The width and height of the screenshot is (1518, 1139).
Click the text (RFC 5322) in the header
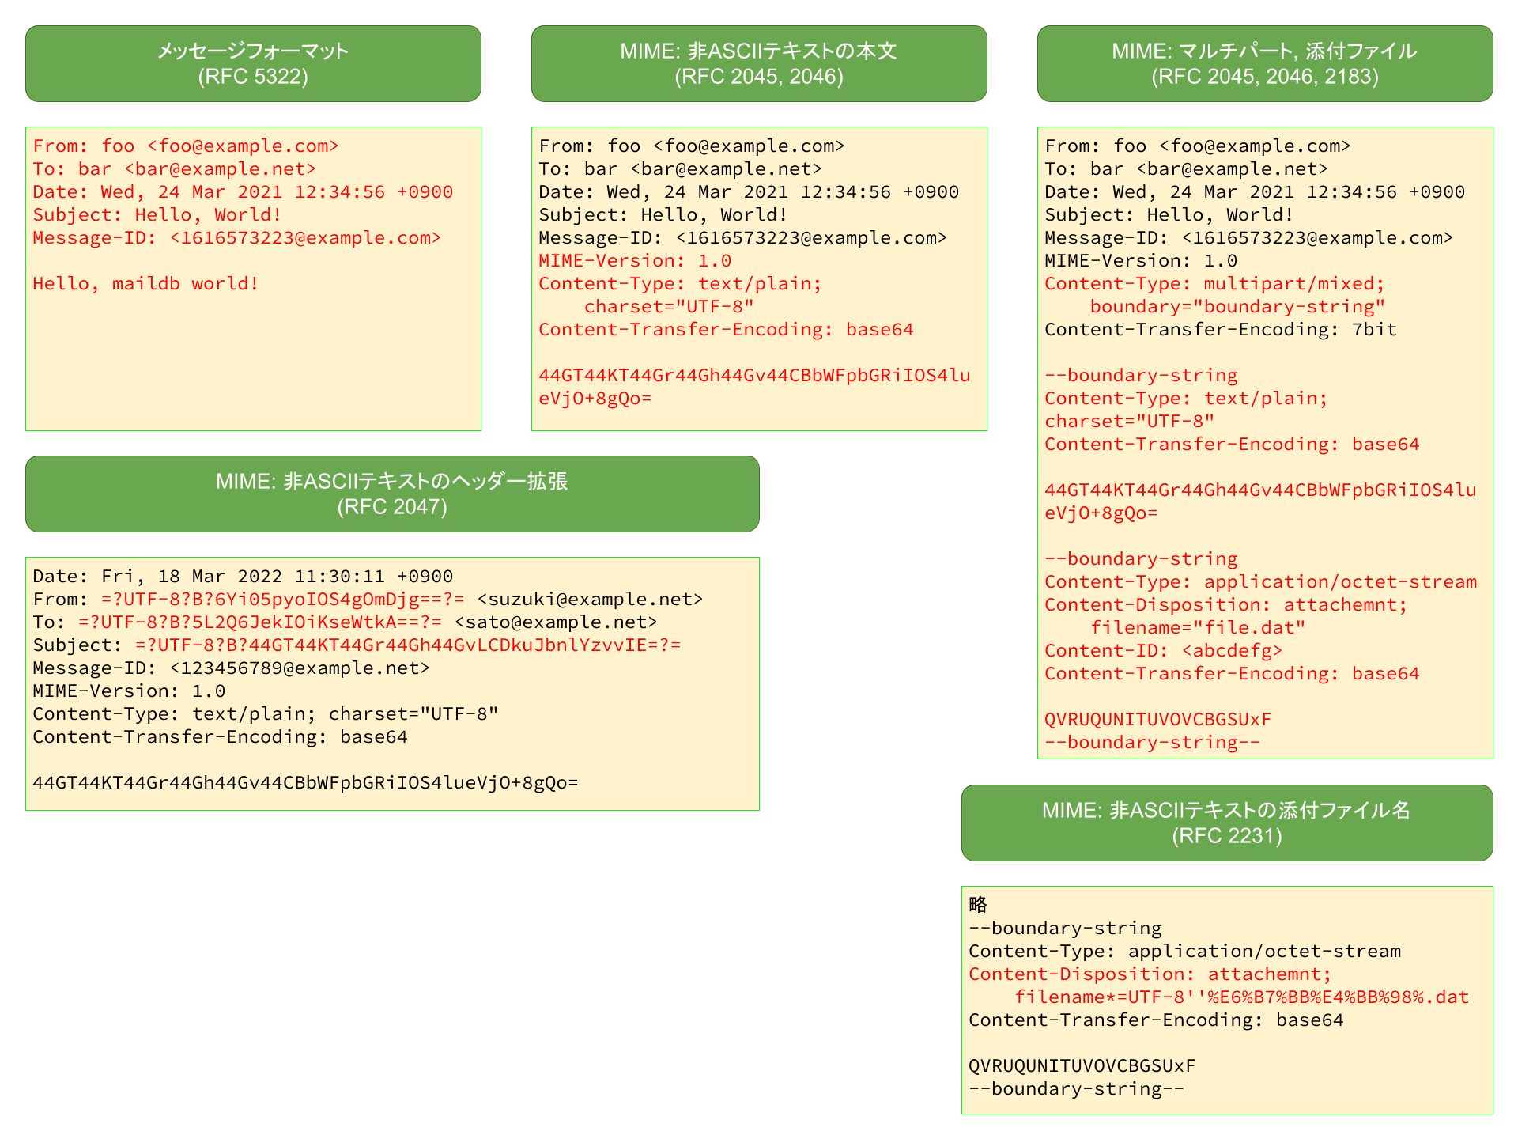pos(253,77)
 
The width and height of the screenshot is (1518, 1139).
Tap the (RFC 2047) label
pos(392,507)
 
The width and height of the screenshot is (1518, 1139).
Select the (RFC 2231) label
pos(1227,836)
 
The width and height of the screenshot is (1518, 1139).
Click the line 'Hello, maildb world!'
pos(145,284)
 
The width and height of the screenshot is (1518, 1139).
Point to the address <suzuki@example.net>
pos(590,600)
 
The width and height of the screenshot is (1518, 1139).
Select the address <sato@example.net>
pos(556,622)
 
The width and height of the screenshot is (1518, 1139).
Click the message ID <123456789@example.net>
pos(300,668)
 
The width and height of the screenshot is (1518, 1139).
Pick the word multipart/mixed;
pos(1294,284)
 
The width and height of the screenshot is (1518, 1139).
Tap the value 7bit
pos(1374,330)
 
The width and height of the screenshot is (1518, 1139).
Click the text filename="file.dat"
pos(1198,628)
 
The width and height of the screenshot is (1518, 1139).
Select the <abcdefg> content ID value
pos(1232,651)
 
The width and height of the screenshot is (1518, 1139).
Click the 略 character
pos(978,904)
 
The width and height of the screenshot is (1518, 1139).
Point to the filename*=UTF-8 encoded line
pos(1242,997)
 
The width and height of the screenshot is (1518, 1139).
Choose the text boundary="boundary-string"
pos(1237,307)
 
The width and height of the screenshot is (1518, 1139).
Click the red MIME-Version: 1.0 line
pos(635,261)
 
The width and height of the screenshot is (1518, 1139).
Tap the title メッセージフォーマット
pos(253,51)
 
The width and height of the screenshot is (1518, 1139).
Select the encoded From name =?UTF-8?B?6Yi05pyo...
pos(283,600)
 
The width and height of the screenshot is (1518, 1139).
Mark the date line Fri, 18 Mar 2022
pos(243,577)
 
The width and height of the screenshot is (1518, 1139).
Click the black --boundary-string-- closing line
pos(1076,1089)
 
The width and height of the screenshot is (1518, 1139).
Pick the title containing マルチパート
pos(1264,51)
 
